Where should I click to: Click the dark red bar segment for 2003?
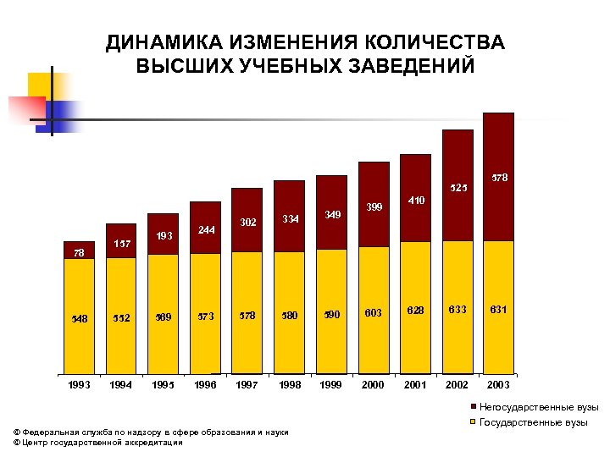click(x=499, y=176)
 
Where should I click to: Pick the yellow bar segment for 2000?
click(x=373, y=309)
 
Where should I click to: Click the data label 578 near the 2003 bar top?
click(x=500, y=179)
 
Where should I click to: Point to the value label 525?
click(x=458, y=187)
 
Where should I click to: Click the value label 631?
click(x=498, y=310)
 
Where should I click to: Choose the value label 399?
click(x=373, y=206)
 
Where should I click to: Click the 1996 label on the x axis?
click(x=205, y=384)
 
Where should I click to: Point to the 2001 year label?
click(x=415, y=384)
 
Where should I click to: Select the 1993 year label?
click(x=79, y=384)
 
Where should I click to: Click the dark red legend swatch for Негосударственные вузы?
click(x=472, y=408)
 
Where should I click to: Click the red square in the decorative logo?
click(x=26, y=109)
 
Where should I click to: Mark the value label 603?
click(x=373, y=313)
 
